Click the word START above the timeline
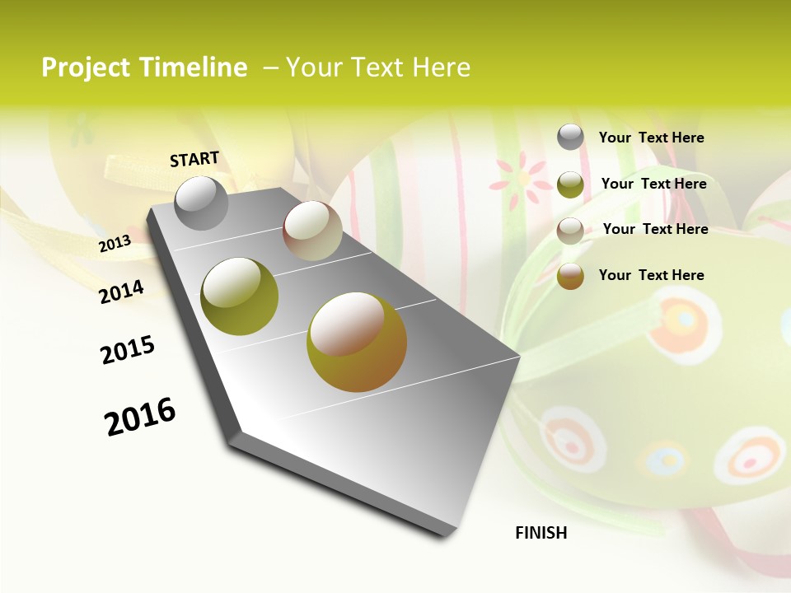click(194, 159)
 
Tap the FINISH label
click(541, 533)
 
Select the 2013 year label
click(115, 243)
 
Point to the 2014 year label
click(121, 292)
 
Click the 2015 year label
click(128, 350)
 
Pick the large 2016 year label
click(140, 417)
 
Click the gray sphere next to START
click(202, 203)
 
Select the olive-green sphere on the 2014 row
click(239, 296)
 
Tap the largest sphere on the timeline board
click(357, 342)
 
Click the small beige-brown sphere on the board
click(312, 231)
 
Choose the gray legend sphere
click(570, 137)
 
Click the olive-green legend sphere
click(570, 184)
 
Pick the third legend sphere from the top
click(570, 231)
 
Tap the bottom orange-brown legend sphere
click(570, 276)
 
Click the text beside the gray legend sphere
click(651, 138)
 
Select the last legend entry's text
click(651, 275)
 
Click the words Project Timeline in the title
click(144, 68)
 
